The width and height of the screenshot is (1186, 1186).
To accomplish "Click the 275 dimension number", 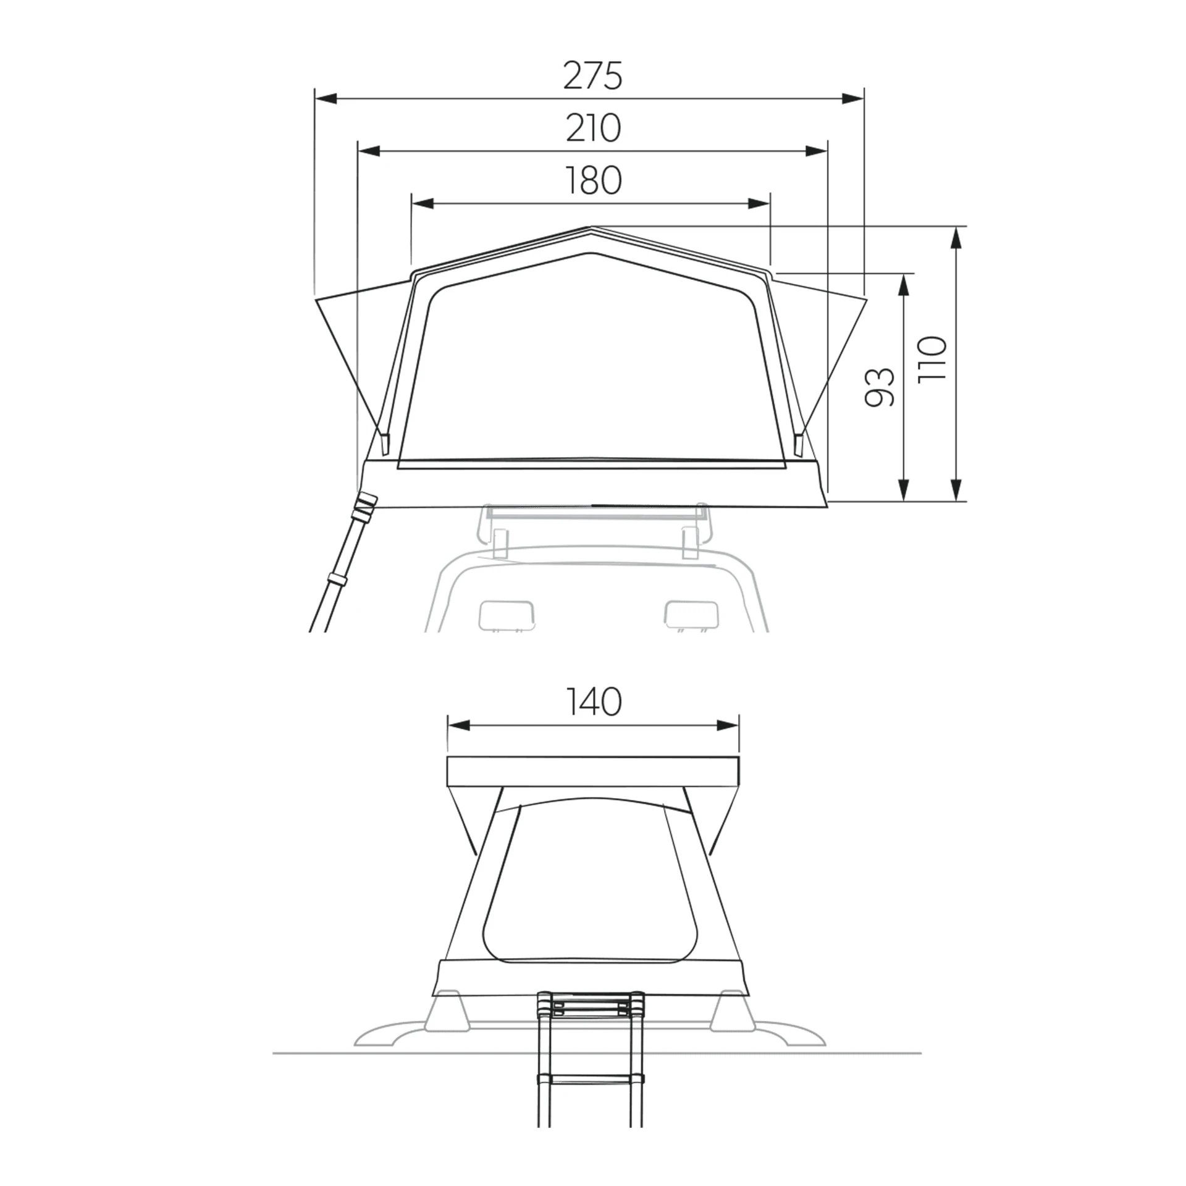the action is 592,76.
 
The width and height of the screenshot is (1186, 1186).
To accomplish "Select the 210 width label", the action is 593,128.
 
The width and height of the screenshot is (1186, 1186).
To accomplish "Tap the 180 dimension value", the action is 593,181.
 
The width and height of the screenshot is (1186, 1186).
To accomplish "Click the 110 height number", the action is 932,359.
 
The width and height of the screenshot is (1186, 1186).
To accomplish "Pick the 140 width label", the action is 593,702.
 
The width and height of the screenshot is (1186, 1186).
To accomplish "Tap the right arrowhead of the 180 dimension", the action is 760,204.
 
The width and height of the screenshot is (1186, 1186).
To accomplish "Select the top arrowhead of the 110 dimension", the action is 957,238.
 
